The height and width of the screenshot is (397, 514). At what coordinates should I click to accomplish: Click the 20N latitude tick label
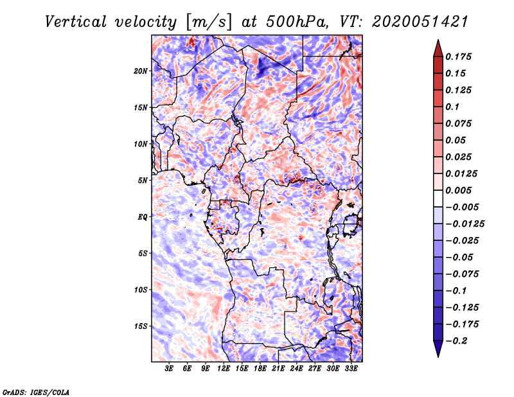(x=141, y=71)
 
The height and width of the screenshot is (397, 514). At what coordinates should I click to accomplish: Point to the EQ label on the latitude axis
(x=143, y=216)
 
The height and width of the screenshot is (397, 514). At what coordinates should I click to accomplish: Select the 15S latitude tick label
(x=141, y=326)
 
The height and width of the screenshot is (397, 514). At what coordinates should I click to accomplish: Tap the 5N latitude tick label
(x=143, y=180)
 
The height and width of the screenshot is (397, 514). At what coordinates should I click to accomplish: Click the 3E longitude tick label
(x=170, y=369)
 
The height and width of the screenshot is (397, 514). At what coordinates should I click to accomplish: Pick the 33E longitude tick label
(x=351, y=369)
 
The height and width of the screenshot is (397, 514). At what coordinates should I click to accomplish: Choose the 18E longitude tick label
(x=260, y=369)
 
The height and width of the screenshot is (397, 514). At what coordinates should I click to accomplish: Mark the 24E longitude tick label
(x=297, y=369)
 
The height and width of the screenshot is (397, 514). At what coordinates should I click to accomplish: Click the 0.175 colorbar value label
(x=459, y=57)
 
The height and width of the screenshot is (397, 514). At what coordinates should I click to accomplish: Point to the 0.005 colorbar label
(x=459, y=190)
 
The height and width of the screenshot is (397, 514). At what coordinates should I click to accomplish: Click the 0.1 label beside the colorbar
(x=453, y=107)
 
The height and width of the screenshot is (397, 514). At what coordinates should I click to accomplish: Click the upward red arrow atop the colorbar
(x=438, y=47)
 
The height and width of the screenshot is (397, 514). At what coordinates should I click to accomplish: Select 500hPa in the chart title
(x=310, y=22)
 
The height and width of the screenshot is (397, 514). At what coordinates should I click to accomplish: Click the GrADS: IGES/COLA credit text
(x=36, y=391)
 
